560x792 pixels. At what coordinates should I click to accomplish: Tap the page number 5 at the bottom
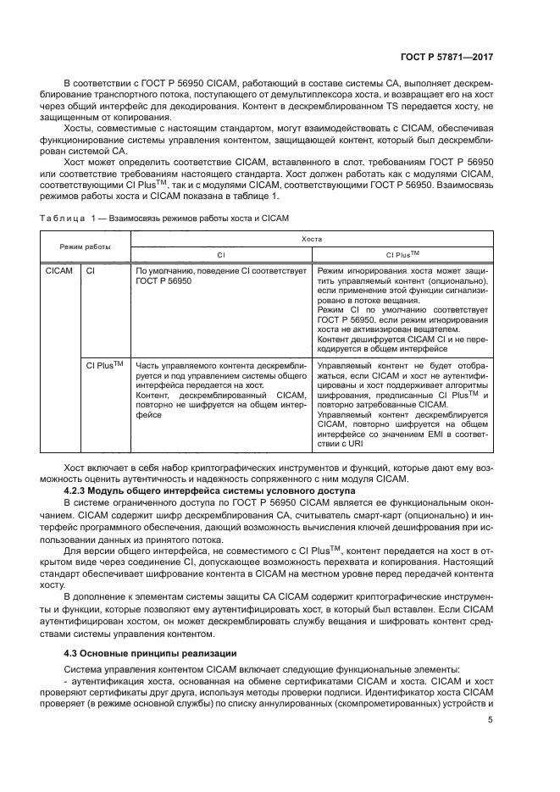[x=490, y=720]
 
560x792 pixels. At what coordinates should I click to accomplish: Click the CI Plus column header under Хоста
[x=402, y=253]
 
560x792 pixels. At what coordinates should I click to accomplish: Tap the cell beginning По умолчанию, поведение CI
[x=219, y=276]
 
